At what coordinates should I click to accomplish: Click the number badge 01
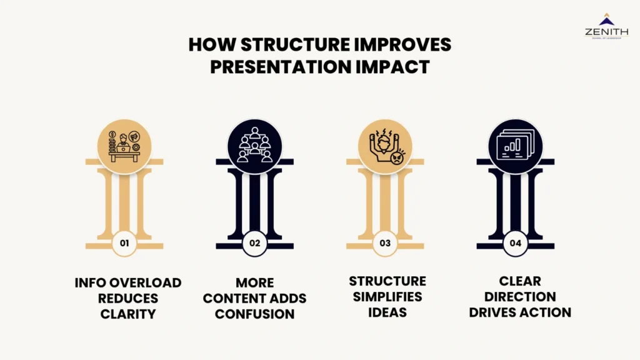pyautogui.click(x=124, y=244)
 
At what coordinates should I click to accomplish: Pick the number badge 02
pyautogui.click(x=255, y=244)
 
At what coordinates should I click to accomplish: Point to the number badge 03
pyautogui.click(x=385, y=244)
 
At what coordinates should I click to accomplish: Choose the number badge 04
pyautogui.click(x=516, y=244)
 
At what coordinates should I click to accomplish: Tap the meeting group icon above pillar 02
pyautogui.click(x=255, y=147)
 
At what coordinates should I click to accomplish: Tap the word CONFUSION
pyautogui.click(x=254, y=314)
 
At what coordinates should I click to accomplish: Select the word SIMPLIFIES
pyautogui.click(x=387, y=296)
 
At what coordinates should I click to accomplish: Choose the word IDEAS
pyautogui.click(x=387, y=311)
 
